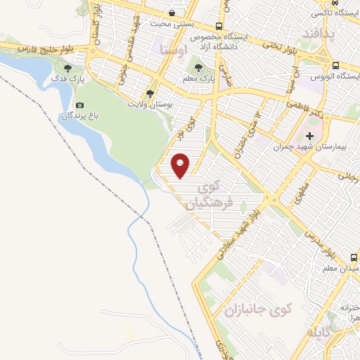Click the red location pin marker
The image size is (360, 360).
click(181, 165)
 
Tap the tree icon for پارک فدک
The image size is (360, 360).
click(68, 68)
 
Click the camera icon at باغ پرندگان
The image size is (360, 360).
click(79, 105)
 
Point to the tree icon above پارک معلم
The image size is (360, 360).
click(199, 68)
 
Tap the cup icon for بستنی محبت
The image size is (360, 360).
click(173, 13)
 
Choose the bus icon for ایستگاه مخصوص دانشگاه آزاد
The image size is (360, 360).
click(219, 26)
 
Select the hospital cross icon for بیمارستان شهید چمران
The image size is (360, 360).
click(309, 135)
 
